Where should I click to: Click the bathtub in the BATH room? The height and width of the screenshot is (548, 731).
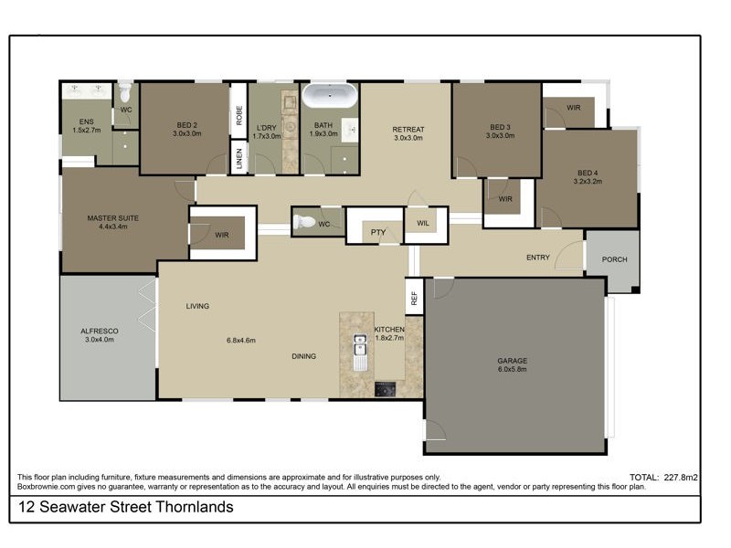[331, 97]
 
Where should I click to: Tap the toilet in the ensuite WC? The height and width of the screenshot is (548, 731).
[125, 92]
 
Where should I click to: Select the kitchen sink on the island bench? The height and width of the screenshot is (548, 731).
[360, 349]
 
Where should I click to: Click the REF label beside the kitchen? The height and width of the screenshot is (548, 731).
[414, 298]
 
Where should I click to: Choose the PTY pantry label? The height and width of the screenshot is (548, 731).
[377, 233]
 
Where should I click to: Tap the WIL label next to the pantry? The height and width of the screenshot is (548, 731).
[423, 222]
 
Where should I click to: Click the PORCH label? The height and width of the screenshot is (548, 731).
[614, 259]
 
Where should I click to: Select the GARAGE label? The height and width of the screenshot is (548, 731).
[512, 361]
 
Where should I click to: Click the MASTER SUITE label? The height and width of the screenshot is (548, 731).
[112, 218]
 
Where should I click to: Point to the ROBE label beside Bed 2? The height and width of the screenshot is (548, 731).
[238, 115]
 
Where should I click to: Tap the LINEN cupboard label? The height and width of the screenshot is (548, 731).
[238, 155]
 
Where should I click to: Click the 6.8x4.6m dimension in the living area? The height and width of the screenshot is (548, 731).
[240, 341]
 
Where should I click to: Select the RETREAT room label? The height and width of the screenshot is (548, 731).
[408, 129]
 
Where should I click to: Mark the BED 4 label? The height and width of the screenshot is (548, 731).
[589, 172]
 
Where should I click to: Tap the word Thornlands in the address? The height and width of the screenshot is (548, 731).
[195, 507]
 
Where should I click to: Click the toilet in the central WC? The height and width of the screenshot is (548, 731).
[307, 222]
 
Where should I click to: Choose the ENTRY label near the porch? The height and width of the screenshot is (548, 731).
[538, 258]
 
